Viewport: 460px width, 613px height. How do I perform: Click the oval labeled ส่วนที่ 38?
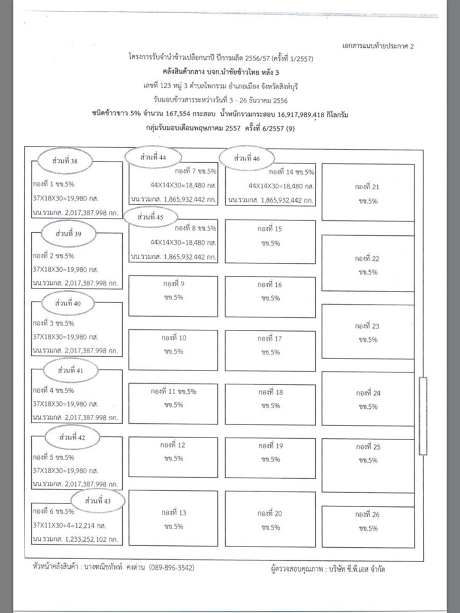point(65,160)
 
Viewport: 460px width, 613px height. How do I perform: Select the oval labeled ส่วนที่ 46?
point(247,159)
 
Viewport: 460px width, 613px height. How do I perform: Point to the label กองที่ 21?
point(367,187)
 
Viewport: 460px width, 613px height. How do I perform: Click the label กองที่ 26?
point(367,514)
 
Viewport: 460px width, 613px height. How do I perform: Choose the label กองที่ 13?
point(174,513)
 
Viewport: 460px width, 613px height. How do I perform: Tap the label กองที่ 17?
point(270,338)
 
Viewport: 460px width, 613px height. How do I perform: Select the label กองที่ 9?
point(174,284)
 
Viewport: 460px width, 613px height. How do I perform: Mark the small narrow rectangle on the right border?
point(424,415)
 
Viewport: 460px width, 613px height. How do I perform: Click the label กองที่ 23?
point(367,326)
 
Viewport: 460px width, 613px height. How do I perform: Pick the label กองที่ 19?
point(270,446)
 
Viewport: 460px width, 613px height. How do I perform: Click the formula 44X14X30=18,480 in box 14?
point(280,186)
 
